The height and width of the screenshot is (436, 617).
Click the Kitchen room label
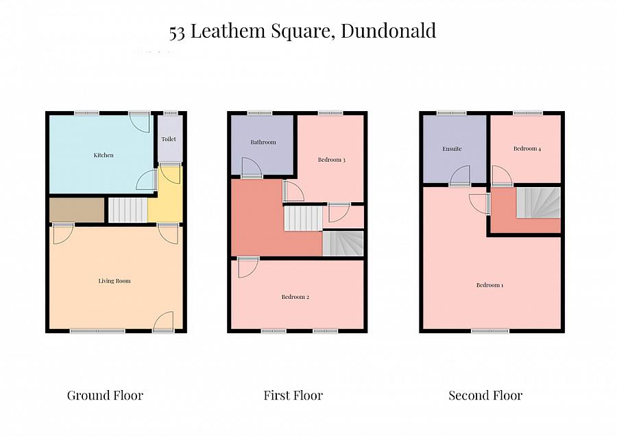pos(104,156)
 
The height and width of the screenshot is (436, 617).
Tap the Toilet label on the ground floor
pos(169,139)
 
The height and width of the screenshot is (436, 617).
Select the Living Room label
pos(114,281)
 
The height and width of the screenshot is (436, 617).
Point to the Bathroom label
pos(263,143)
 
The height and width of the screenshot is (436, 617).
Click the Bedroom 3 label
pos(331,160)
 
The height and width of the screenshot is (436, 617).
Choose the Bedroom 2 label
pos(295,298)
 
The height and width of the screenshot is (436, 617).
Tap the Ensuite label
pos(452,149)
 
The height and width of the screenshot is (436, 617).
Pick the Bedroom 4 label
pos(527,149)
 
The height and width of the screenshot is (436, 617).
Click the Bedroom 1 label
pos(490,285)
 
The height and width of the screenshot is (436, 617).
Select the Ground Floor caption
pos(105,396)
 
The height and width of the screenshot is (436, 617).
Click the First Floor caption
pos(293,396)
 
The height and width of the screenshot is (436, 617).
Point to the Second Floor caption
pos(485,396)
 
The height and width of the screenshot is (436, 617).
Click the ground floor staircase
pos(128,210)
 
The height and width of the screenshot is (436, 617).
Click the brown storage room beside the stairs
pos(77,210)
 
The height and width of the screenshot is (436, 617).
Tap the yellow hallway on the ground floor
pos(165,206)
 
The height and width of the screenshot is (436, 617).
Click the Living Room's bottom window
pos(97,331)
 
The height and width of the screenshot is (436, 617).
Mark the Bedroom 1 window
pos(490,331)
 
